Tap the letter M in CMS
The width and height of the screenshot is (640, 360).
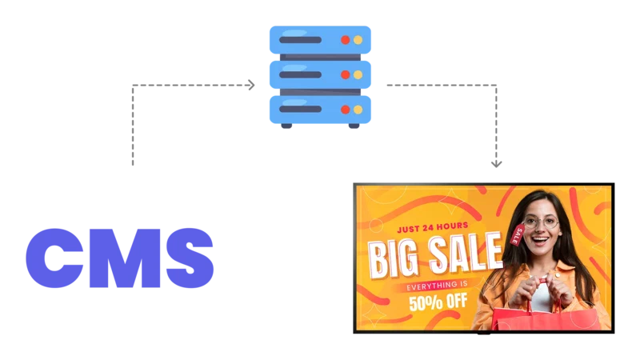coord(125,258)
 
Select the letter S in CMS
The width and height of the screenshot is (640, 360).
coord(190,258)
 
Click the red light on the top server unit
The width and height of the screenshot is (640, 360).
coord(346,40)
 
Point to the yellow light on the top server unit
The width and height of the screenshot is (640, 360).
coord(358,40)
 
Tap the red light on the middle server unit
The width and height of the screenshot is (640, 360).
coord(346,74)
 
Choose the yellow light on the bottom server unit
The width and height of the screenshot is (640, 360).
coord(358,110)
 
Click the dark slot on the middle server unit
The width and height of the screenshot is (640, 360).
coord(300,74)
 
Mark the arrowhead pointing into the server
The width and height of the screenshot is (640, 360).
coord(251,85)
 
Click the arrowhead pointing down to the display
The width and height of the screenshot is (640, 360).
coord(496,164)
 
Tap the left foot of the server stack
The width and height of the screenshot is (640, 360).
coord(286,126)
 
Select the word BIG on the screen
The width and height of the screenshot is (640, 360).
coord(394,259)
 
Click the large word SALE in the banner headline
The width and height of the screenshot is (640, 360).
coord(466,253)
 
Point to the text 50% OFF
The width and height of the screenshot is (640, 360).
coord(438,302)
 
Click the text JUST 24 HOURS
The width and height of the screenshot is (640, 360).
coord(433,227)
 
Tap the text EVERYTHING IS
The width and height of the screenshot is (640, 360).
coord(437,286)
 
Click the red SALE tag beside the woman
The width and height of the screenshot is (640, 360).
coord(518,234)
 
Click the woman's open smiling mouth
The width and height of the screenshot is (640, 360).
coord(541,240)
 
